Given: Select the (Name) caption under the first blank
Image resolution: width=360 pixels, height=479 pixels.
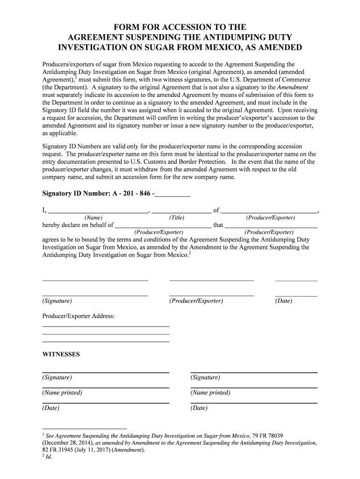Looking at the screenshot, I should point(94,218).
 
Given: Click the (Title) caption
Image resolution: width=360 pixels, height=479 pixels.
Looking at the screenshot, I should point(177,218).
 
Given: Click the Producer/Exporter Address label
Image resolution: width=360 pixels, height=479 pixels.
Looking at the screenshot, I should point(79,316).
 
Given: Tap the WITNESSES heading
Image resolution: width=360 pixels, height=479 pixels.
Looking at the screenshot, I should point(61,355).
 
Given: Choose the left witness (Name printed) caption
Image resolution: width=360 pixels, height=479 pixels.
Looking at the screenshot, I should point(62,393).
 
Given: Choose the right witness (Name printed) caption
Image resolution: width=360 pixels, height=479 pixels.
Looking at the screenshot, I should point(210,393).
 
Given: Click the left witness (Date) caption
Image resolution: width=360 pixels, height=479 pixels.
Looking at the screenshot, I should point(51,408).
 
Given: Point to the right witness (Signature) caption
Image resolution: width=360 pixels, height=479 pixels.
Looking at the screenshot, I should point(205,377).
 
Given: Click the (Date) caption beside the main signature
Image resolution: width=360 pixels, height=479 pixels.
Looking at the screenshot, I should point(284,301).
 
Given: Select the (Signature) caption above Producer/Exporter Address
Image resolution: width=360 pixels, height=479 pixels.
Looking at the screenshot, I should point(57,301).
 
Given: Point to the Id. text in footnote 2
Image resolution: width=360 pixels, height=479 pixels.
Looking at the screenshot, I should point(49,457).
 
